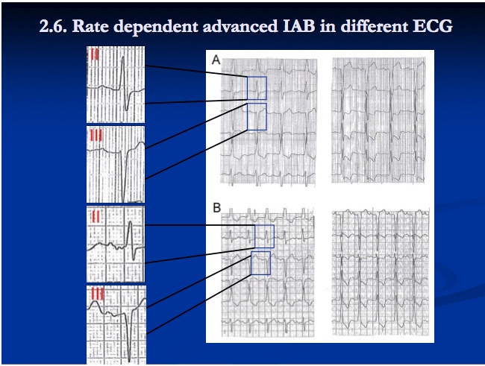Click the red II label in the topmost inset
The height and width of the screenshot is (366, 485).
(x=93, y=54)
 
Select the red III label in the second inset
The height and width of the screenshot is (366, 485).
(x=96, y=135)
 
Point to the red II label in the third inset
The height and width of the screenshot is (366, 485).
(x=96, y=215)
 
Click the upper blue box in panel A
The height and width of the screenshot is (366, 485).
(x=256, y=88)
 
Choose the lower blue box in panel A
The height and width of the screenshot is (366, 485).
(x=256, y=118)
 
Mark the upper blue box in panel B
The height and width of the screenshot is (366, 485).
(x=264, y=236)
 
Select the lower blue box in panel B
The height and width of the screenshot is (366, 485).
(x=260, y=263)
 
